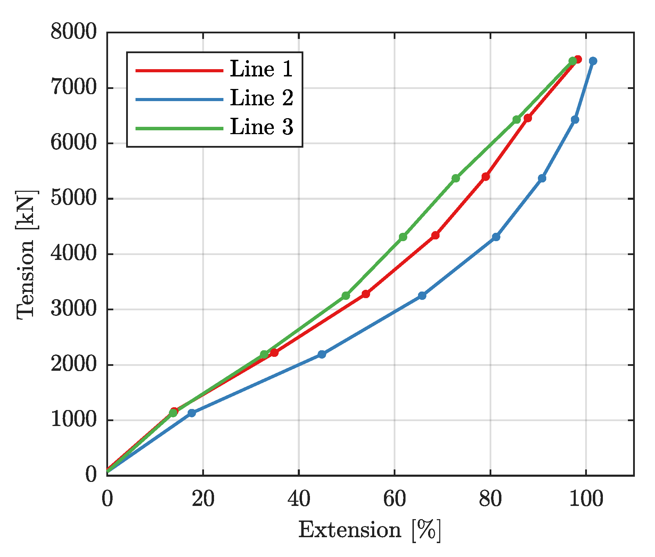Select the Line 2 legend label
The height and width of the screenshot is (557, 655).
(261, 98)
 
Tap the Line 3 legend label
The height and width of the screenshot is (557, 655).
(261, 127)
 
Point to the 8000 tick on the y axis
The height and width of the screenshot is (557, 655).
(73, 32)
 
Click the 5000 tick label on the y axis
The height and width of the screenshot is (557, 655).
(73, 199)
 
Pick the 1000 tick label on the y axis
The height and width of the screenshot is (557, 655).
(73, 420)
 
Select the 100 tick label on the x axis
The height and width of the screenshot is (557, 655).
(586, 500)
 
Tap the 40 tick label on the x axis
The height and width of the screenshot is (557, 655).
(299, 500)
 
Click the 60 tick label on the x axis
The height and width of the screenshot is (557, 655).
(395, 500)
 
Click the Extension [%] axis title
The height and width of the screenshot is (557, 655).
(370, 531)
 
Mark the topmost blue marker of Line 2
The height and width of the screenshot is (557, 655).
(593, 61)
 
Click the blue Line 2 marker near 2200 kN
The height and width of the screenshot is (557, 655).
(322, 354)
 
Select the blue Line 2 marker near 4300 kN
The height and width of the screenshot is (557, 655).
(496, 237)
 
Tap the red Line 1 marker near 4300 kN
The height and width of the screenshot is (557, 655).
(435, 235)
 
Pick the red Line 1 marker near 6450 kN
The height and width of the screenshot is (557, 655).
(528, 118)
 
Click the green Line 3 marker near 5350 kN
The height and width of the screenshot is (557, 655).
(456, 178)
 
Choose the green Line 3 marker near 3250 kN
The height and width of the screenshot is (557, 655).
(346, 296)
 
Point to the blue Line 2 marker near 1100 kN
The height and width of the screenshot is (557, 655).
(191, 413)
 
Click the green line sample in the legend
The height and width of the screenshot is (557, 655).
(179, 128)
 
